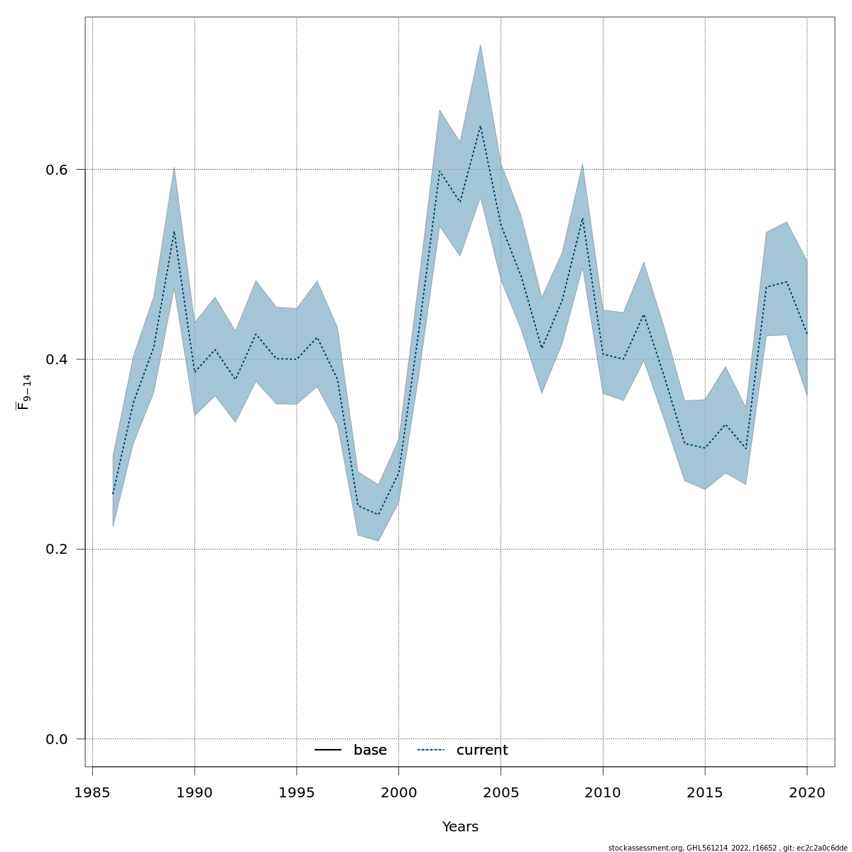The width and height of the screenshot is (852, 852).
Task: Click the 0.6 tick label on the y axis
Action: coord(56,170)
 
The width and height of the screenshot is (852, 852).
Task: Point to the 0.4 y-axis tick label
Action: coord(56,359)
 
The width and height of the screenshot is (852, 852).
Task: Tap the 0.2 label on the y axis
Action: coord(56,550)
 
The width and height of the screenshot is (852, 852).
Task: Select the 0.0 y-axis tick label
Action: coord(56,739)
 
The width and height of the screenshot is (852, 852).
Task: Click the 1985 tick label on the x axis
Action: coord(92,792)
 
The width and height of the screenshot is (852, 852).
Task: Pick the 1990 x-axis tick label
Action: coord(195,792)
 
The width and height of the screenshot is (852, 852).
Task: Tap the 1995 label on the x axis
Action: coord(297,792)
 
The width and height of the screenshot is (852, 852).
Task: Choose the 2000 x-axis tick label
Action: coord(398,792)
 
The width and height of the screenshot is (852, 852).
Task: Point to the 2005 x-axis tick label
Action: coord(501,792)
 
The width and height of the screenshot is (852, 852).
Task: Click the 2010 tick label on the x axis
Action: coord(603,792)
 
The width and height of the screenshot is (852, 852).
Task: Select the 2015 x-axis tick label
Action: coord(705,792)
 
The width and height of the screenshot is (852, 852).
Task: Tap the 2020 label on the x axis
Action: coord(807,792)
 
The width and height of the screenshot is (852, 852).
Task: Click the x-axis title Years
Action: coord(460,827)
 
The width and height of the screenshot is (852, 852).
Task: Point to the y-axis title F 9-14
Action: coord(23,393)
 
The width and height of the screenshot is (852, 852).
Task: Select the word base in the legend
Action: coord(370,750)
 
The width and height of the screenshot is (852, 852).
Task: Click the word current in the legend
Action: coord(482,750)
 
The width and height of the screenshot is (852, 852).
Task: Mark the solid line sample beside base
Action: coord(328,750)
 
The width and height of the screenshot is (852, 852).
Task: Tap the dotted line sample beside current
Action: coord(430,750)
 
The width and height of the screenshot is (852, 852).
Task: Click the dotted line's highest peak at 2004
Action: coord(480,126)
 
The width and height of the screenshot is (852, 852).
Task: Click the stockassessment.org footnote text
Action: coord(728,848)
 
